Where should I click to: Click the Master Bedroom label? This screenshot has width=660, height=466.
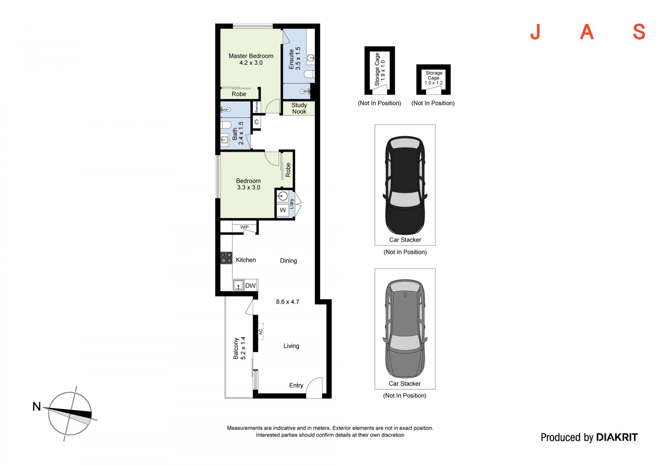[251, 56]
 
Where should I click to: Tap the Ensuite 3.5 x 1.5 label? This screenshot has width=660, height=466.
[295, 58]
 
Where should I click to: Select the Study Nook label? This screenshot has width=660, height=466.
[299, 108]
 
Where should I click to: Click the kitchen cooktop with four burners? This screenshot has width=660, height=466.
[226, 258]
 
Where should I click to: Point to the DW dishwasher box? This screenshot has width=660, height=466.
[251, 285]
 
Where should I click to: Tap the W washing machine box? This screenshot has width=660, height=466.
[283, 210]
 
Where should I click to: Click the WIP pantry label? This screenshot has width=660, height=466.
[244, 227]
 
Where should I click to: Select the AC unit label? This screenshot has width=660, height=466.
[261, 331]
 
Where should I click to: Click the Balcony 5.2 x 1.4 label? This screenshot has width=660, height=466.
[239, 348]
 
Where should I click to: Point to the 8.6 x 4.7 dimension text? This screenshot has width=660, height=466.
[288, 302]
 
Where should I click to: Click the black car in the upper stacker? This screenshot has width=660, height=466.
[405, 185]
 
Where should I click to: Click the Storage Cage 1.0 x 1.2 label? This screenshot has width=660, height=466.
[434, 78]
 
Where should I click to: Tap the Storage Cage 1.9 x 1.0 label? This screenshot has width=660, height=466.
[380, 69]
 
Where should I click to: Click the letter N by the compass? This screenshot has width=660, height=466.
[36, 407]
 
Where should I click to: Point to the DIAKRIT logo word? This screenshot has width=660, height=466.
[617, 437]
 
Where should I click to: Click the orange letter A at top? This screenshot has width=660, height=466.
[587, 32]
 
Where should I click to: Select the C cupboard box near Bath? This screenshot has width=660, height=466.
[256, 122]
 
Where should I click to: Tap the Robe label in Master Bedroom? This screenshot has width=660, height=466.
[239, 94]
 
